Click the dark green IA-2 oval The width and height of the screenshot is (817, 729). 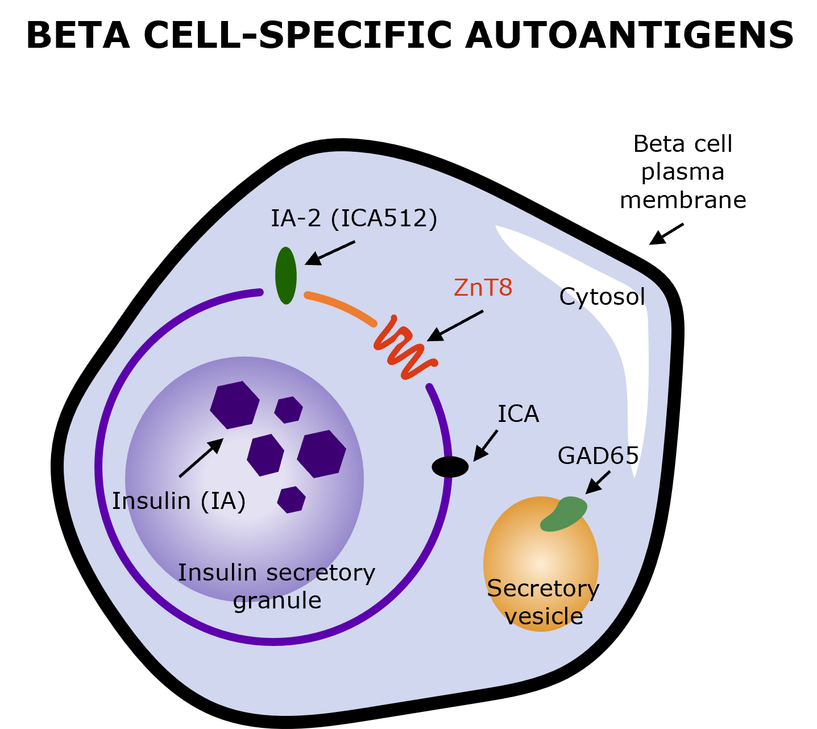285,275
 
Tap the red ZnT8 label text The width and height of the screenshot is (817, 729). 483,288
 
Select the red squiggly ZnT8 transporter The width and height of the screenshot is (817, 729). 405,348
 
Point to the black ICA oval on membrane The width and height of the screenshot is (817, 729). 450,467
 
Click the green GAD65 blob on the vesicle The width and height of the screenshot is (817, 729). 564,514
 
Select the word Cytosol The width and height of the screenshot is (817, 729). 602,297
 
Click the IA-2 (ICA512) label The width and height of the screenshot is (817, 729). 354,218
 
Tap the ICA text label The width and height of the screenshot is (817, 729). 518,414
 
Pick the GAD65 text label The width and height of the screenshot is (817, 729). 598,456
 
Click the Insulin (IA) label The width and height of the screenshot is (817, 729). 179,502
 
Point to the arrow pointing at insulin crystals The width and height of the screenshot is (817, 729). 201,458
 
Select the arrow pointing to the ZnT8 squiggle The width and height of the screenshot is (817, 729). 455,326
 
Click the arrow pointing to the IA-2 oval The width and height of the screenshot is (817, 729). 330,252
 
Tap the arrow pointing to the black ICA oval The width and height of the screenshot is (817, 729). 486,445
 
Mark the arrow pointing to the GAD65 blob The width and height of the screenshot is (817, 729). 598,482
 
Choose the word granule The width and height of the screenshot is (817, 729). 277,600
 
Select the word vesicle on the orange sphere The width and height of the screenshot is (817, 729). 544,616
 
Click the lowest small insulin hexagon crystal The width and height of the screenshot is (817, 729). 291,499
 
